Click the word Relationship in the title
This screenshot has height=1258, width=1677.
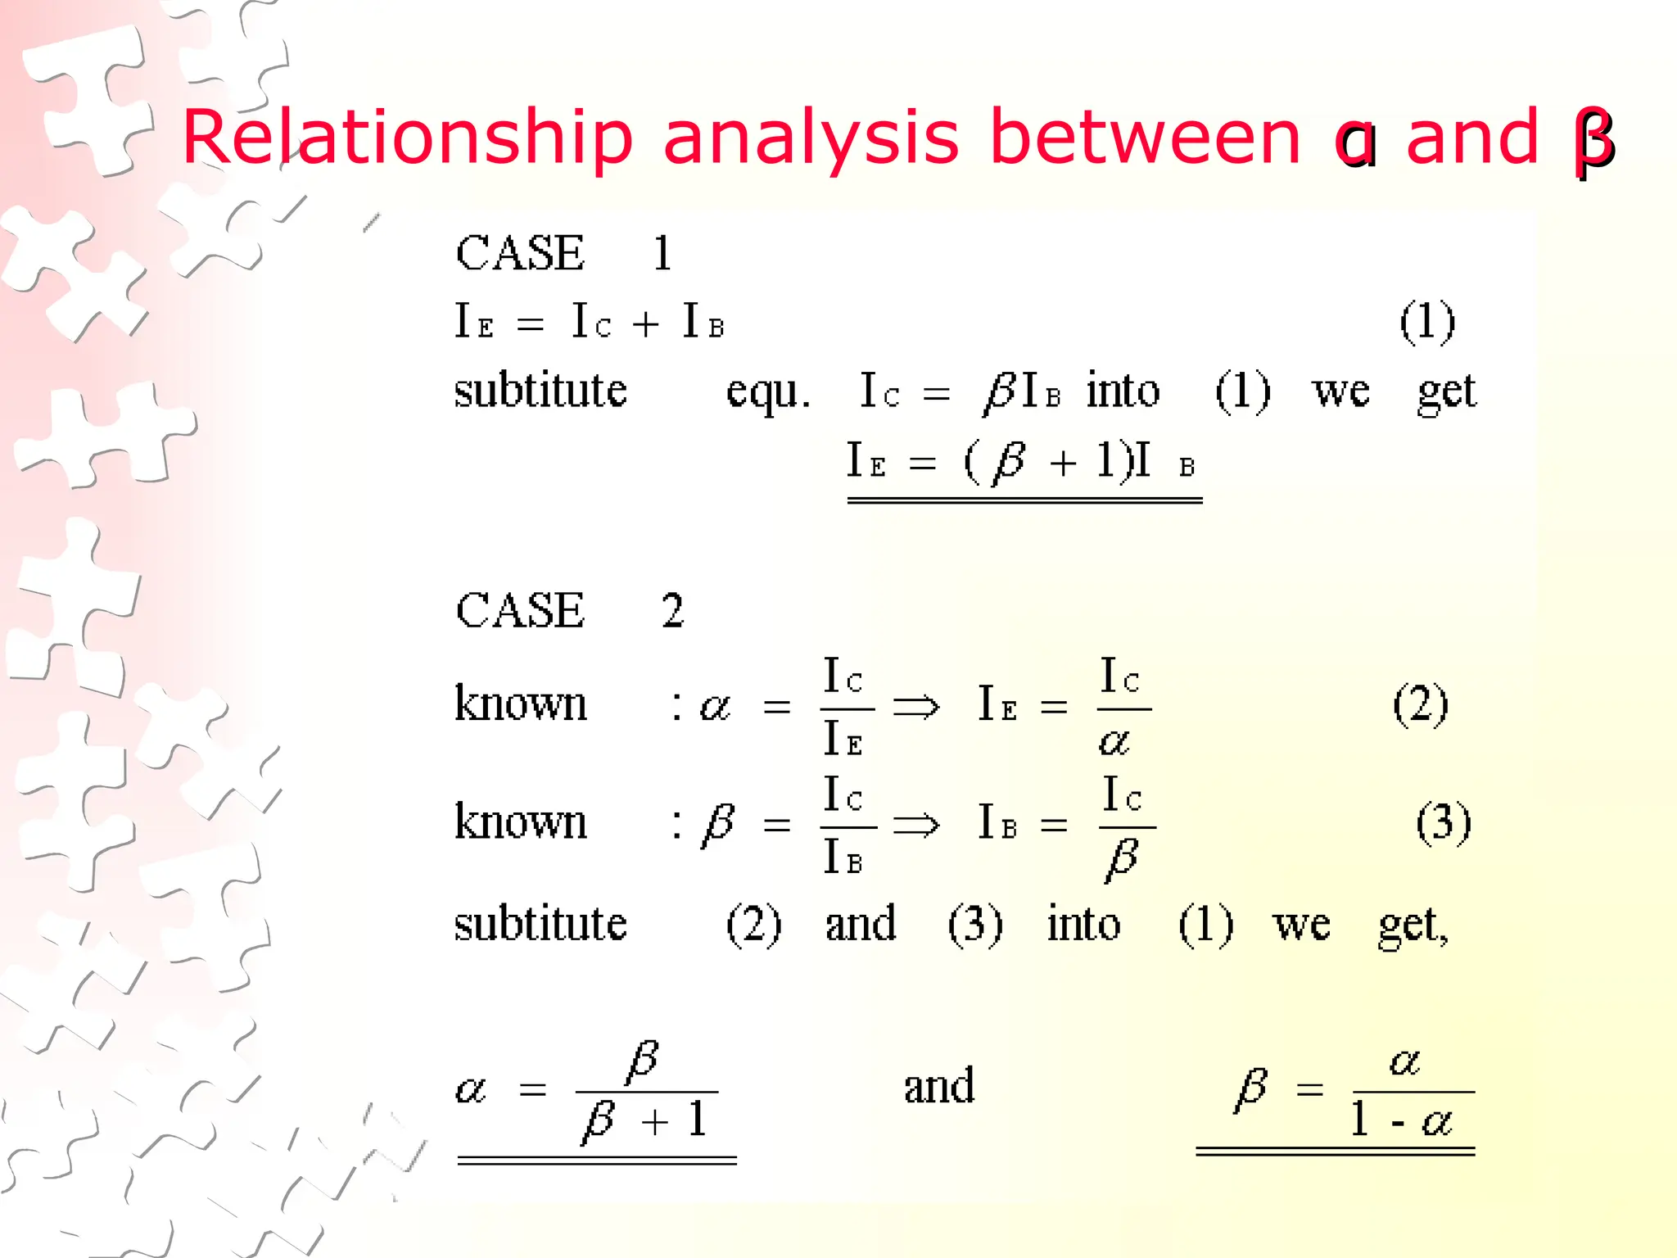point(407,138)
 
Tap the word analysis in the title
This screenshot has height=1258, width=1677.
point(810,138)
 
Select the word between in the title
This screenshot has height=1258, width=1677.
point(1145,138)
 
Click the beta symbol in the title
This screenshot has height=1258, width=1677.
point(1593,141)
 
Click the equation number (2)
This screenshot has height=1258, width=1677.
point(1421,704)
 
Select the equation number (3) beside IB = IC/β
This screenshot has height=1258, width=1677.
point(1444,822)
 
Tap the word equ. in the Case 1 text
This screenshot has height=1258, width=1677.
point(767,391)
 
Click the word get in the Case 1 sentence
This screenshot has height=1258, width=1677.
point(1447,391)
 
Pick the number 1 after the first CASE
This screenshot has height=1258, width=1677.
point(662,253)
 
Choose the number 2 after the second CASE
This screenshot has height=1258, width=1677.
point(672,610)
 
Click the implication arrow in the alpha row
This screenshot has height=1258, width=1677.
point(915,706)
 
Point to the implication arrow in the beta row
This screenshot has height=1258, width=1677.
point(915,824)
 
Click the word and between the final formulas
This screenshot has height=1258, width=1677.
point(939,1086)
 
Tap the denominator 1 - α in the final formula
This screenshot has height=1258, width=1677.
point(1401,1120)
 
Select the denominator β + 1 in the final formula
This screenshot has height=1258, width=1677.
point(644,1120)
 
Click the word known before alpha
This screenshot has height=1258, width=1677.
point(521,704)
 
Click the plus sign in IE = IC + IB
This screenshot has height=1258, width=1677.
point(645,324)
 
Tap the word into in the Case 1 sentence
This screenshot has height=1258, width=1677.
point(1123,391)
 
